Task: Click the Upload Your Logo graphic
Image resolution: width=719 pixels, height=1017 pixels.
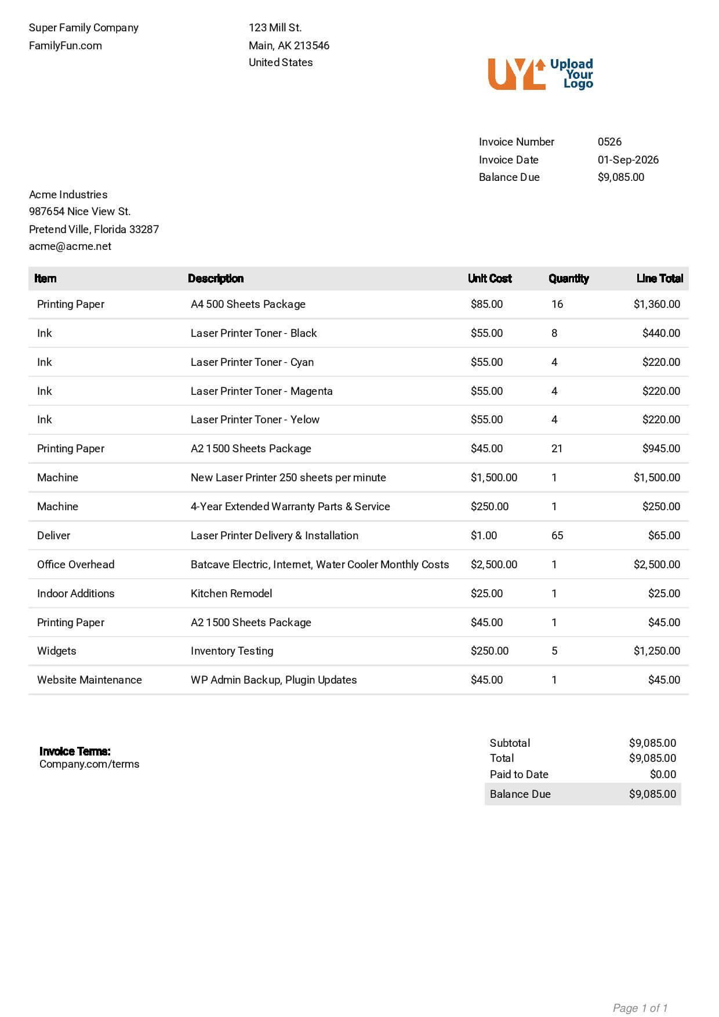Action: [x=540, y=74]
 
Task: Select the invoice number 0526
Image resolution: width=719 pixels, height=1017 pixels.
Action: [x=609, y=142]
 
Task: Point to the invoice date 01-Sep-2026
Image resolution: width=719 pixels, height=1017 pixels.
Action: [x=628, y=160]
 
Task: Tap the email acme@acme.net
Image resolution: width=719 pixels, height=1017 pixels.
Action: [x=70, y=246]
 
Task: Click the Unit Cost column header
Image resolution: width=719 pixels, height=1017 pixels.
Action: [x=489, y=279]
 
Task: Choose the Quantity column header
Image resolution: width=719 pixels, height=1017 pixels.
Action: [x=568, y=279]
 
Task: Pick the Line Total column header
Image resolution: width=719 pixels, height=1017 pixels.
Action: [x=659, y=279]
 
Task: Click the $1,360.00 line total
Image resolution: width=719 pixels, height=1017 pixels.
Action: [x=656, y=304]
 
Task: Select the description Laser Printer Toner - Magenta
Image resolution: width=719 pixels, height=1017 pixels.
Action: [x=262, y=391]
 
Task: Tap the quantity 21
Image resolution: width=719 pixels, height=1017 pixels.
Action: [x=557, y=449]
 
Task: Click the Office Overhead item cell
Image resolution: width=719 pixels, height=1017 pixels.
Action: [x=75, y=565]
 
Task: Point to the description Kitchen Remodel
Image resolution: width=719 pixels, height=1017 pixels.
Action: [x=231, y=594]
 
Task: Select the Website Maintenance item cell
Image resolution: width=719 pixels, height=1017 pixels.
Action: [x=89, y=680]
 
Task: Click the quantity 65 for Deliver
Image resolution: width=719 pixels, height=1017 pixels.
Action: [x=557, y=536]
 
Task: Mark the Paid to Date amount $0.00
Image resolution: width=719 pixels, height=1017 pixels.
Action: [x=663, y=775]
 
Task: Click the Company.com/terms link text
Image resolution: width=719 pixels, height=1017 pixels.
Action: [x=89, y=764]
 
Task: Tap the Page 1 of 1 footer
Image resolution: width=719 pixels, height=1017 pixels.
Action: [x=640, y=1008]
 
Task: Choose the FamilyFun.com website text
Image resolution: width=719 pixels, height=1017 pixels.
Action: [x=66, y=46]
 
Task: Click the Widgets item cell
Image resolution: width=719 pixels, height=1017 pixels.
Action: [x=56, y=651]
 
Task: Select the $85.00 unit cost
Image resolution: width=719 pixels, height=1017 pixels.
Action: [x=486, y=304]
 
